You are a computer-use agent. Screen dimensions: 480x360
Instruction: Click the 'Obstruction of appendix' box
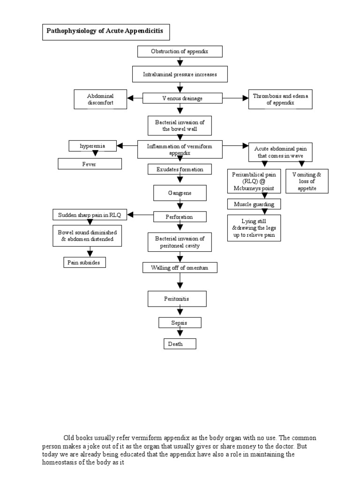(x=180, y=51)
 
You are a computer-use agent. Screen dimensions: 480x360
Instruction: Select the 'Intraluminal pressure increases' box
(x=180, y=74)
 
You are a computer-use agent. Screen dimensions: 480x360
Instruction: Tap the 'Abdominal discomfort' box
(x=100, y=99)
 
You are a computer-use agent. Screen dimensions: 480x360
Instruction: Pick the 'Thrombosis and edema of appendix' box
(x=280, y=99)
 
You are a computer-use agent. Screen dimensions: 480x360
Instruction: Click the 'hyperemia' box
(x=92, y=146)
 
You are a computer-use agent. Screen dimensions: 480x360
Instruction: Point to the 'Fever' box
(x=90, y=164)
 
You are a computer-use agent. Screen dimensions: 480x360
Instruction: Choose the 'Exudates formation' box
(x=180, y=169)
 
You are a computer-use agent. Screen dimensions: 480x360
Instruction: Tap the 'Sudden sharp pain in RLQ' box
(x=89, y=215)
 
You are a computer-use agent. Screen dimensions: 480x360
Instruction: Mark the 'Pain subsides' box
(x=84, y=262)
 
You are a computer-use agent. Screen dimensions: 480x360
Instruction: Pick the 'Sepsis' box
(x=180, y=322)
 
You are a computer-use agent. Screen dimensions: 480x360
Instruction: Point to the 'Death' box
(x=180, y=344)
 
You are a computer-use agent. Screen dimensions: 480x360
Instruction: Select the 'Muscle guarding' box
(x=254, y=204)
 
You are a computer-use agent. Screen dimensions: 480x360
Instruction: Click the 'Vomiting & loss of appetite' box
(x=307, y=181)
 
